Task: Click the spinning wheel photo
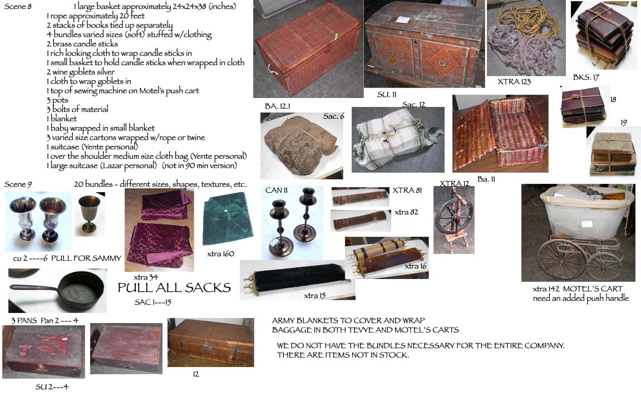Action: pos(454,220)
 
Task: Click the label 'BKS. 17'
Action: pos(586,77)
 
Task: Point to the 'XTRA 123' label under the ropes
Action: pos(514,81)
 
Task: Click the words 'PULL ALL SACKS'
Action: pos(174,287)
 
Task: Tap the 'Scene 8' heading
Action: pos(18,6)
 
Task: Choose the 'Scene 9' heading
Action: pos(18,184)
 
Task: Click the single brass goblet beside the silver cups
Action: pos(89,213)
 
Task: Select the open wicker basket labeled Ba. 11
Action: pos(500,134)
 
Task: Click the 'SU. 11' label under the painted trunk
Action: pos(387,95)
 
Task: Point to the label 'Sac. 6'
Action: pos(334,116)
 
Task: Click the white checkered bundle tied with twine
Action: pos(398,139)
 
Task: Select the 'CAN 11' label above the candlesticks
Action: pos(277,190)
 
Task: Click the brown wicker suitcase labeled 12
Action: pos(210,343)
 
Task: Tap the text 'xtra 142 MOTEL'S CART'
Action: pos(577,289)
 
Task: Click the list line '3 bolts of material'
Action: pos(77,109)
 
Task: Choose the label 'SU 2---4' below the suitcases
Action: pos(52,387)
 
